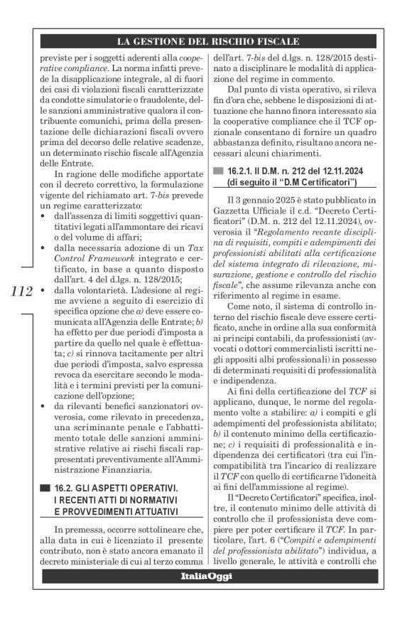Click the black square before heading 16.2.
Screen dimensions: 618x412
(46, 487)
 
